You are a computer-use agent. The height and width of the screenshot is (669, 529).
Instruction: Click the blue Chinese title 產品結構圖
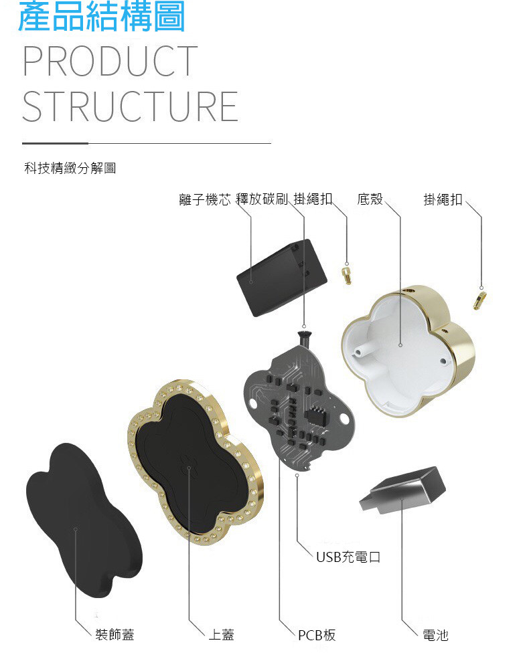click(x=101, y=18)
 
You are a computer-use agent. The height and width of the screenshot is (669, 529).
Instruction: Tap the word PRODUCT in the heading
click(x=110, y=62)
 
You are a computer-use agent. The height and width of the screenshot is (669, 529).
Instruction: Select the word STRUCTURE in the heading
click(x=130, y=106)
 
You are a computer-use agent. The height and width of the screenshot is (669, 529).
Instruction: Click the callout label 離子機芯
click(x=205, y=199)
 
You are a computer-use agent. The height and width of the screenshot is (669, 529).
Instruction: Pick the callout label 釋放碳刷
click(x=262, y=199)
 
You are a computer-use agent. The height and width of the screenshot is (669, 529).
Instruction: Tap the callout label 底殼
click(x=370, y=199)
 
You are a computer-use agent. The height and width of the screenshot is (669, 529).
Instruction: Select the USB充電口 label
click(x=348, y=557)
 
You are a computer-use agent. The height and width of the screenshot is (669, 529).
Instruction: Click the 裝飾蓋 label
click(x=115, y=634)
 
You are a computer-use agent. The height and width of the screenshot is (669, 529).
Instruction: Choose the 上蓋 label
click(x=221, y=634)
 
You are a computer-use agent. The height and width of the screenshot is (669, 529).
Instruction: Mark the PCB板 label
click(x=317, y=634)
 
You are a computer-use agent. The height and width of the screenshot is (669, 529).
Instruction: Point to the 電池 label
click(x=435, y=634)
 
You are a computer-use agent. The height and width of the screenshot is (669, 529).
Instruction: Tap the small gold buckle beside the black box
click(x=347, y=275)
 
